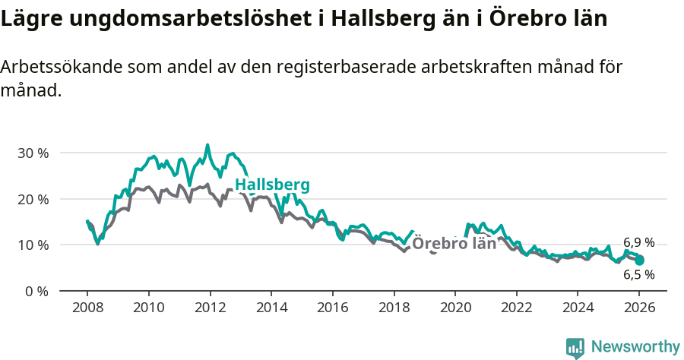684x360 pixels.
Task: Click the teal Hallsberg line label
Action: pyautogui.click(x=272, y=185)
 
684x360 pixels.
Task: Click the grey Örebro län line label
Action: pyautogui.click(x=454, y=244)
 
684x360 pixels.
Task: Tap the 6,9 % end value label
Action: pyautogui.click(x=638, y=243)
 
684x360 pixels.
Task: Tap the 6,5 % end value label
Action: pyautogui.click(x=638, y=275)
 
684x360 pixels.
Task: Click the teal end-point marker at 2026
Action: pyautogui.click(x=640, y=261)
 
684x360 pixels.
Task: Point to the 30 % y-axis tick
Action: pyautogui.click(x=32, y=153)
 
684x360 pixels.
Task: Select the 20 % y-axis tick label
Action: pyautogui.click(x=32, y=199)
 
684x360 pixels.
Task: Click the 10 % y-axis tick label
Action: pyautogui.click(x=32, y=245)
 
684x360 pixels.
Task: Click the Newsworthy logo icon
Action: pyautogui.click(x=575, y=348)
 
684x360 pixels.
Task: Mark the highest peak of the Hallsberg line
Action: pyautogui.click(x=207, y=144)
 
